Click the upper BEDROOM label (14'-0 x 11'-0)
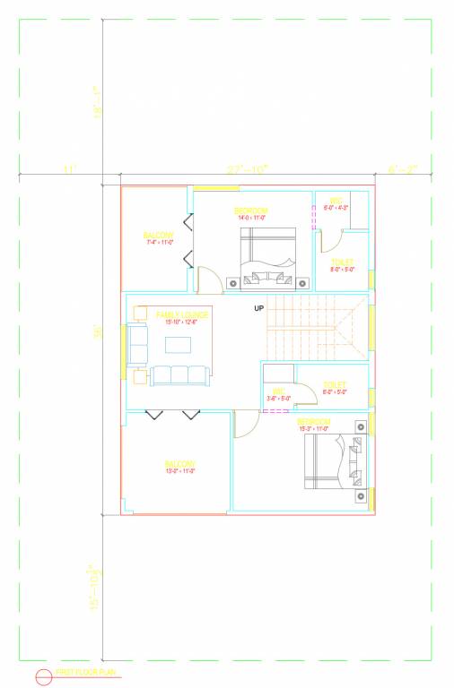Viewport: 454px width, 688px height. [x=251, y=211]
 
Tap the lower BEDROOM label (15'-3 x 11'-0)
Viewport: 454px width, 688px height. [x=313, y=421]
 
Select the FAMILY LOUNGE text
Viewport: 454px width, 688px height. [x=182, y=315]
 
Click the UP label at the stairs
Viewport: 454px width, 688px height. [x=259, y=308]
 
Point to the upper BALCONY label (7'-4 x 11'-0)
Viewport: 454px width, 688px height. [x=158, y=236]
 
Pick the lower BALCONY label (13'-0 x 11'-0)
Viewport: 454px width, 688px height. [x=179, y=465]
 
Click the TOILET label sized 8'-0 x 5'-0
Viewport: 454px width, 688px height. [x=343, y=263]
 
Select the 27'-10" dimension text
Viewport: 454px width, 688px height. [x=247, y=168]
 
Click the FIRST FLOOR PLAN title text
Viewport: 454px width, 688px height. [x=88, y=671]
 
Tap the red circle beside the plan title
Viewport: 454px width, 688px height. [x=43, y=677]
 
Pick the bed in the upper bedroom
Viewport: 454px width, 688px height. [x=267, y=258]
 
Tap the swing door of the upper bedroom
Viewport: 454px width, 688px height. [x=210, y=280]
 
